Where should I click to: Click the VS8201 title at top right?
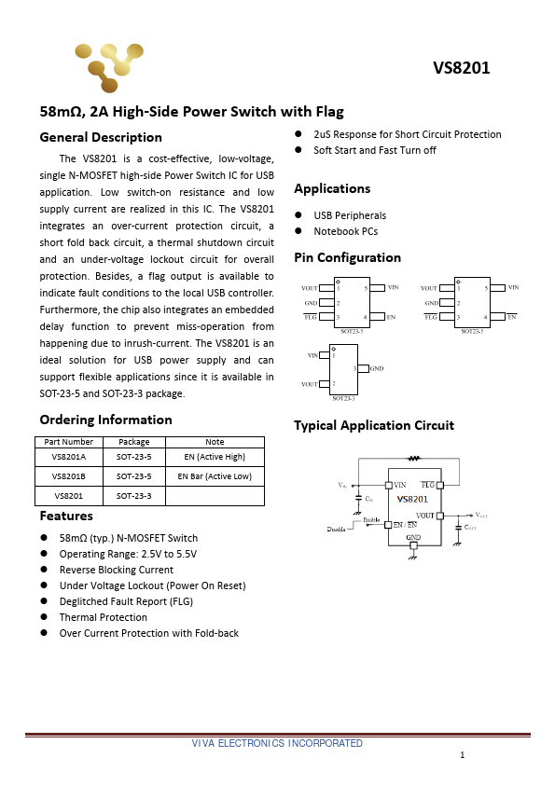click(461, 68)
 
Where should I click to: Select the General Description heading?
click(101, 137)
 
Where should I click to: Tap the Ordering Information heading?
click(105, 420)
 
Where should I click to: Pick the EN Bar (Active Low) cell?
click(215, 475)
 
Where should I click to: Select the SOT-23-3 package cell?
click(133, 496)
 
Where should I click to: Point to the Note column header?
click(215, 442)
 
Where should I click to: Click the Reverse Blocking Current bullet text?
click(116, 570)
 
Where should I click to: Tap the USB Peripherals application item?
click(350, 215)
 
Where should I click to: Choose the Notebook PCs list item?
click(345, 231)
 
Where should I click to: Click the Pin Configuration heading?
click(347, 257)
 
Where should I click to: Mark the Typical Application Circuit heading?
click(373, 425)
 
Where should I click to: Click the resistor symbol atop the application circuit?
click(414, 458)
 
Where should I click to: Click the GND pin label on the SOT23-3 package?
click(377, 369)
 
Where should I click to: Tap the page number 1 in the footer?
click(462, 754)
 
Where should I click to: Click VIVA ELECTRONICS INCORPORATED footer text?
click(277, 743)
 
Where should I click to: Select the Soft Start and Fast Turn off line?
click(374, 150)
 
